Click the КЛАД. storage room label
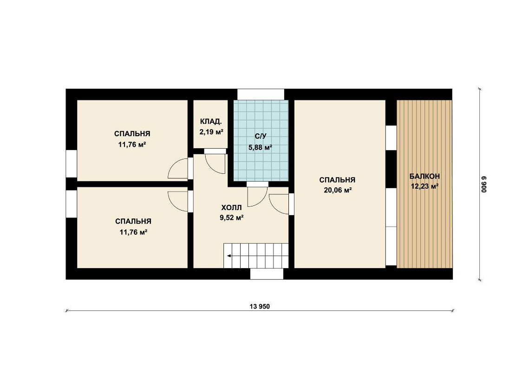point(211,121)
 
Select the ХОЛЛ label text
point(231,208)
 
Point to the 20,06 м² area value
point(338,190)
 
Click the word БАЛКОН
point(424,176)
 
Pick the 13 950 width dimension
point(260,306)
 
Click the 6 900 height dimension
point(484,185)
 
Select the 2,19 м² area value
point(211,132)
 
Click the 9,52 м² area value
point(231,218)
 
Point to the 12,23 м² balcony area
point(424,186)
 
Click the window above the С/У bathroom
point(261,94)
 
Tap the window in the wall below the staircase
point(267,274)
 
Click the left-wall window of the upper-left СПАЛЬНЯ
point(71,164)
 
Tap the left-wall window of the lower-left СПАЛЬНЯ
point(71,204)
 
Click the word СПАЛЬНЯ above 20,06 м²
point(337,180)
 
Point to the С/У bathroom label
point(261,136)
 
